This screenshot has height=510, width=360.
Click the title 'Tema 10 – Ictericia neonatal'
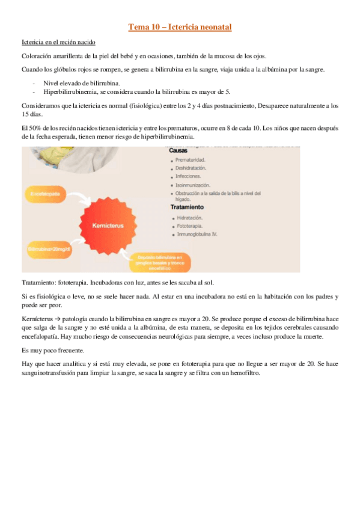[180, 27]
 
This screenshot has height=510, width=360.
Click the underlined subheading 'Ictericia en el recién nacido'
[58, 42]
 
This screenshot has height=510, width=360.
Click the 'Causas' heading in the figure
[179, 150]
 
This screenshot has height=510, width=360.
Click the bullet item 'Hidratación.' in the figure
[190, 217]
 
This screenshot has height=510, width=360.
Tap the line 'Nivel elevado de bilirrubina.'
[82, 82]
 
